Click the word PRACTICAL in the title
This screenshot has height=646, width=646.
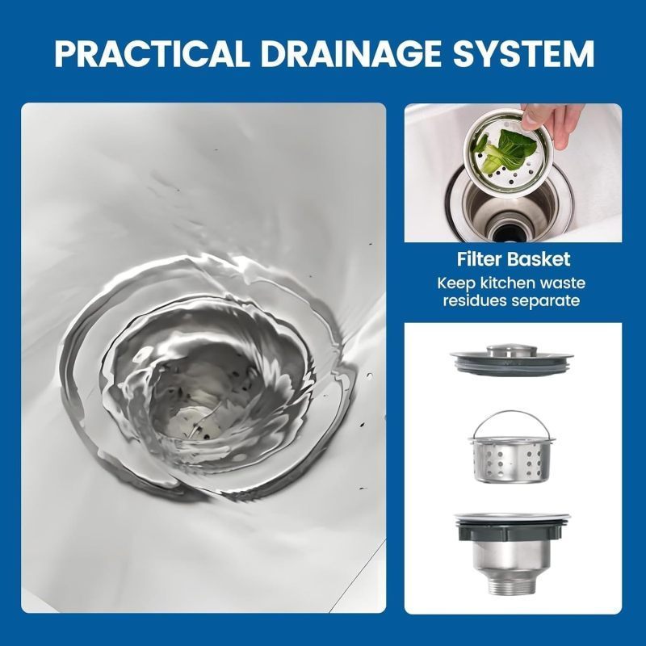click(152, 53)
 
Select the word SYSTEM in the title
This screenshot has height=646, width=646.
click(523, 53)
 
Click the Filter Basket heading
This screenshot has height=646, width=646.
click(514, 259)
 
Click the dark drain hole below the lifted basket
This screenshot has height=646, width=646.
click(511, 233)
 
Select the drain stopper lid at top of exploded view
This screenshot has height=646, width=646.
click(512, 359)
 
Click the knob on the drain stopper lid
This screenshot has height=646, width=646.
click(512, 350)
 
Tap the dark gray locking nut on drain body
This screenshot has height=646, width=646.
click(512, 531)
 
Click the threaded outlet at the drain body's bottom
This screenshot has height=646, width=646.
click(510, 584)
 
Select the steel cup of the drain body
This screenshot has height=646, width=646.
click(511, 556)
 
